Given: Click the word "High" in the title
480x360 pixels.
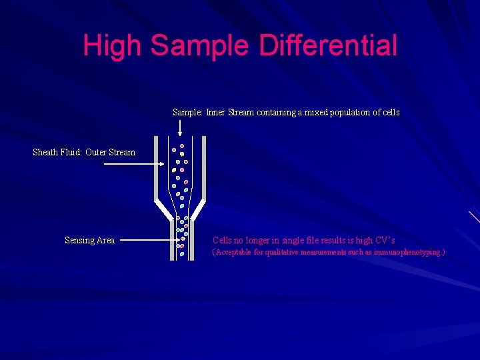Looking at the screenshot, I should [x=113, y=45].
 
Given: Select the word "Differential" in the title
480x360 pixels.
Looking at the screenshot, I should [x=328, y=45].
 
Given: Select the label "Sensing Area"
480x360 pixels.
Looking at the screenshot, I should [x=89, y=240].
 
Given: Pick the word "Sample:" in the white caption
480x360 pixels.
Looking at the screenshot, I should [x=188, y=112].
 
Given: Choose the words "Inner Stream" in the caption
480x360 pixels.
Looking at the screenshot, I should [x=230, y=112].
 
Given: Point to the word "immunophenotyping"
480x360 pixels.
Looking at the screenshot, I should [x=408, y=253].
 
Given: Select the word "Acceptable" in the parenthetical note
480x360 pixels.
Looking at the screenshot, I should [x=233, y=253].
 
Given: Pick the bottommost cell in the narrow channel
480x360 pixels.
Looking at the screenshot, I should [x=182, y=254].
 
